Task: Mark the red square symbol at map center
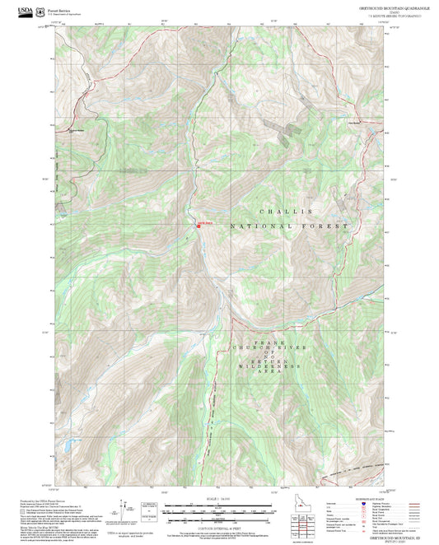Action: (x=198, y=226)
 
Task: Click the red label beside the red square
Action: (x=204, y=221)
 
